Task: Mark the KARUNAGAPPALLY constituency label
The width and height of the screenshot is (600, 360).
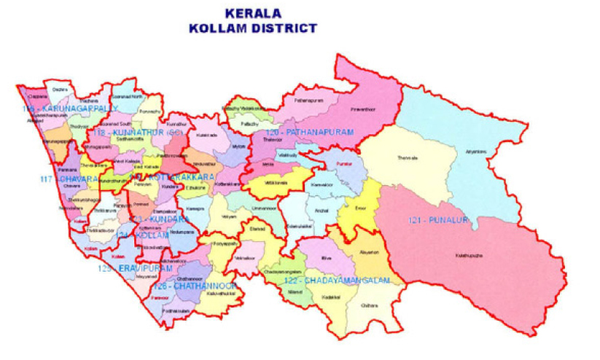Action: (70, 109)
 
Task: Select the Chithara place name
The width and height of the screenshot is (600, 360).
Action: (370, 306)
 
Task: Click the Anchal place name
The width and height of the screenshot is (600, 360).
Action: (322, 211)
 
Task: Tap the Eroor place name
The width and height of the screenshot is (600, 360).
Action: (359, 208)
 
